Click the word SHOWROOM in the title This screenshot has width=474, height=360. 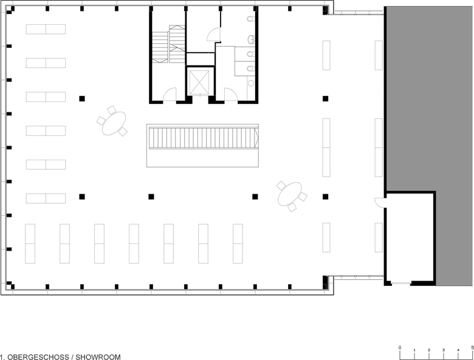pos(98,357)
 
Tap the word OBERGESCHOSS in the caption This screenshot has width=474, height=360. pos(38,357)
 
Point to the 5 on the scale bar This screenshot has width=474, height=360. pos(473,348)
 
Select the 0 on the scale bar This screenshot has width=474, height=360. pos(400,348)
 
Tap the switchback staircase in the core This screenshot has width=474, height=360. pos(168,44)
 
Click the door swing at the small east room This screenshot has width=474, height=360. pos(379,202)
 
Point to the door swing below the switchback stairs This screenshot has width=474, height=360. pos(170,94)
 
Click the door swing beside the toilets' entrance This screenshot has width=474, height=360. pos(231,94)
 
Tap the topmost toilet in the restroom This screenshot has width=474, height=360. pos(250,19)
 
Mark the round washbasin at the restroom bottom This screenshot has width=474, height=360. pos(251,83)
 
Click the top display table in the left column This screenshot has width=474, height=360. pos(46,29)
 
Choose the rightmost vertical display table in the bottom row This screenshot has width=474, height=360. pos(238,243)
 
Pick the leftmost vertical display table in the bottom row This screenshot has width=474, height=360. pos(30,243)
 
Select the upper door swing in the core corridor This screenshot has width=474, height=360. pos(213,35)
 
